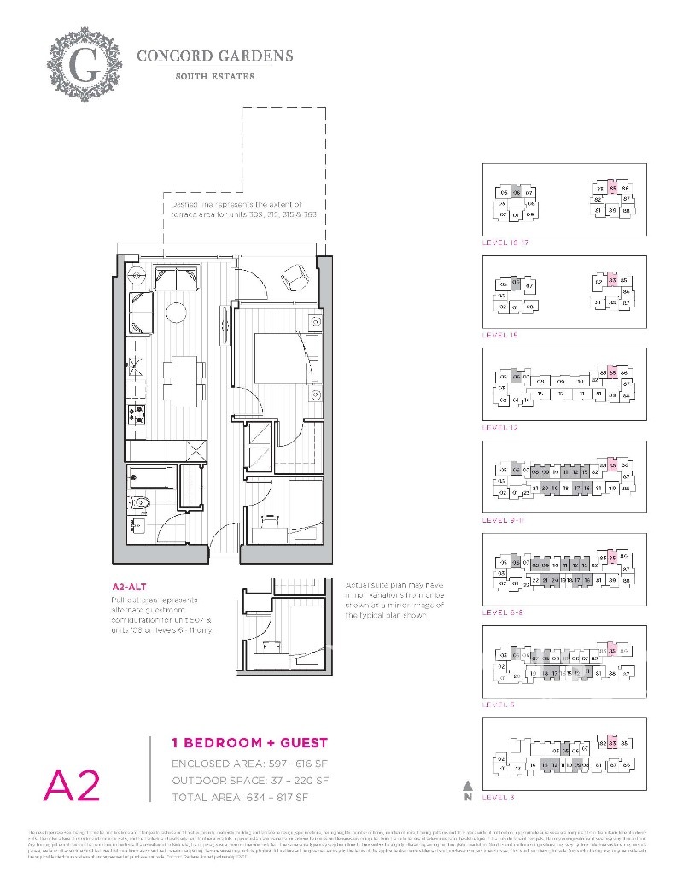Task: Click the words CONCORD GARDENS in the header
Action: (x=215, y=56)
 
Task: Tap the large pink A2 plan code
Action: (x=72, y=784)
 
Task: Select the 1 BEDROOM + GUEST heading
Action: (x=237, y=743)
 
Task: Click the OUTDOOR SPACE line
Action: (x=249, y=781)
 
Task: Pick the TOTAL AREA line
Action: (x=239, y=798)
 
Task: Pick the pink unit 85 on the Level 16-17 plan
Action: (x=612, y=188)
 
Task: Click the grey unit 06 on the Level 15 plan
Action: (x=516, y=284)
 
